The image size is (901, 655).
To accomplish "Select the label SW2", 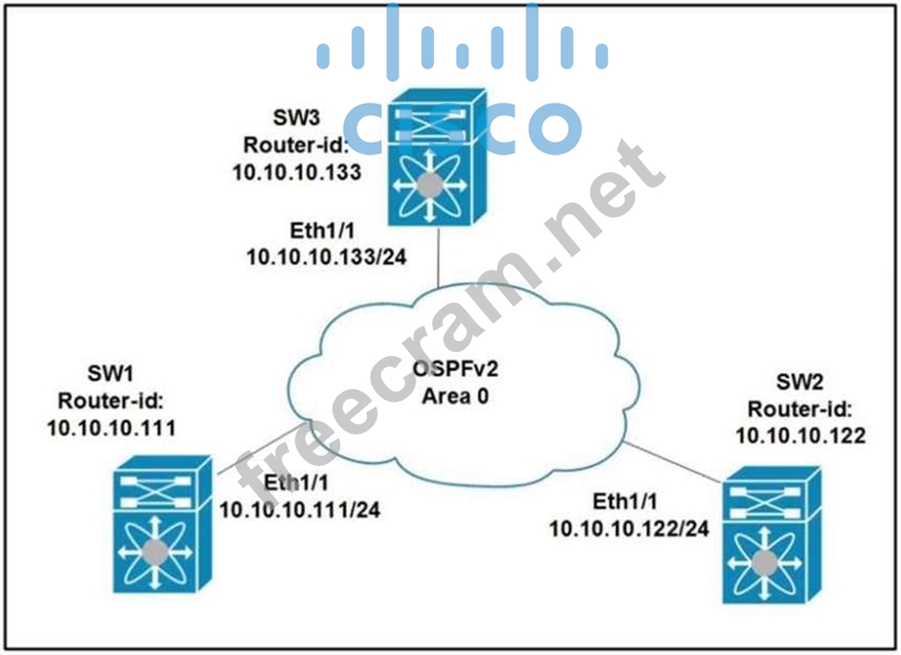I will point(799,383).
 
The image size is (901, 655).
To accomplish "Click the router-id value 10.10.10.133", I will point(298,172).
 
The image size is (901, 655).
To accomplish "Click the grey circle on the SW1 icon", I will point(155,554).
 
